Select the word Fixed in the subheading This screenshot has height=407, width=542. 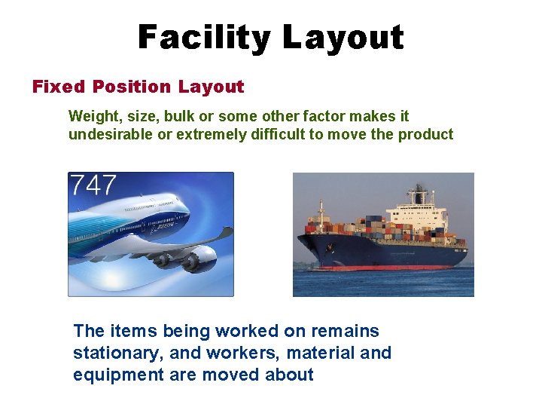(x=57, y=87)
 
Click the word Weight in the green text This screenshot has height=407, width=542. (x=91, y=116)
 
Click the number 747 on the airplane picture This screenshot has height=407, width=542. (x=93, y=185)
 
